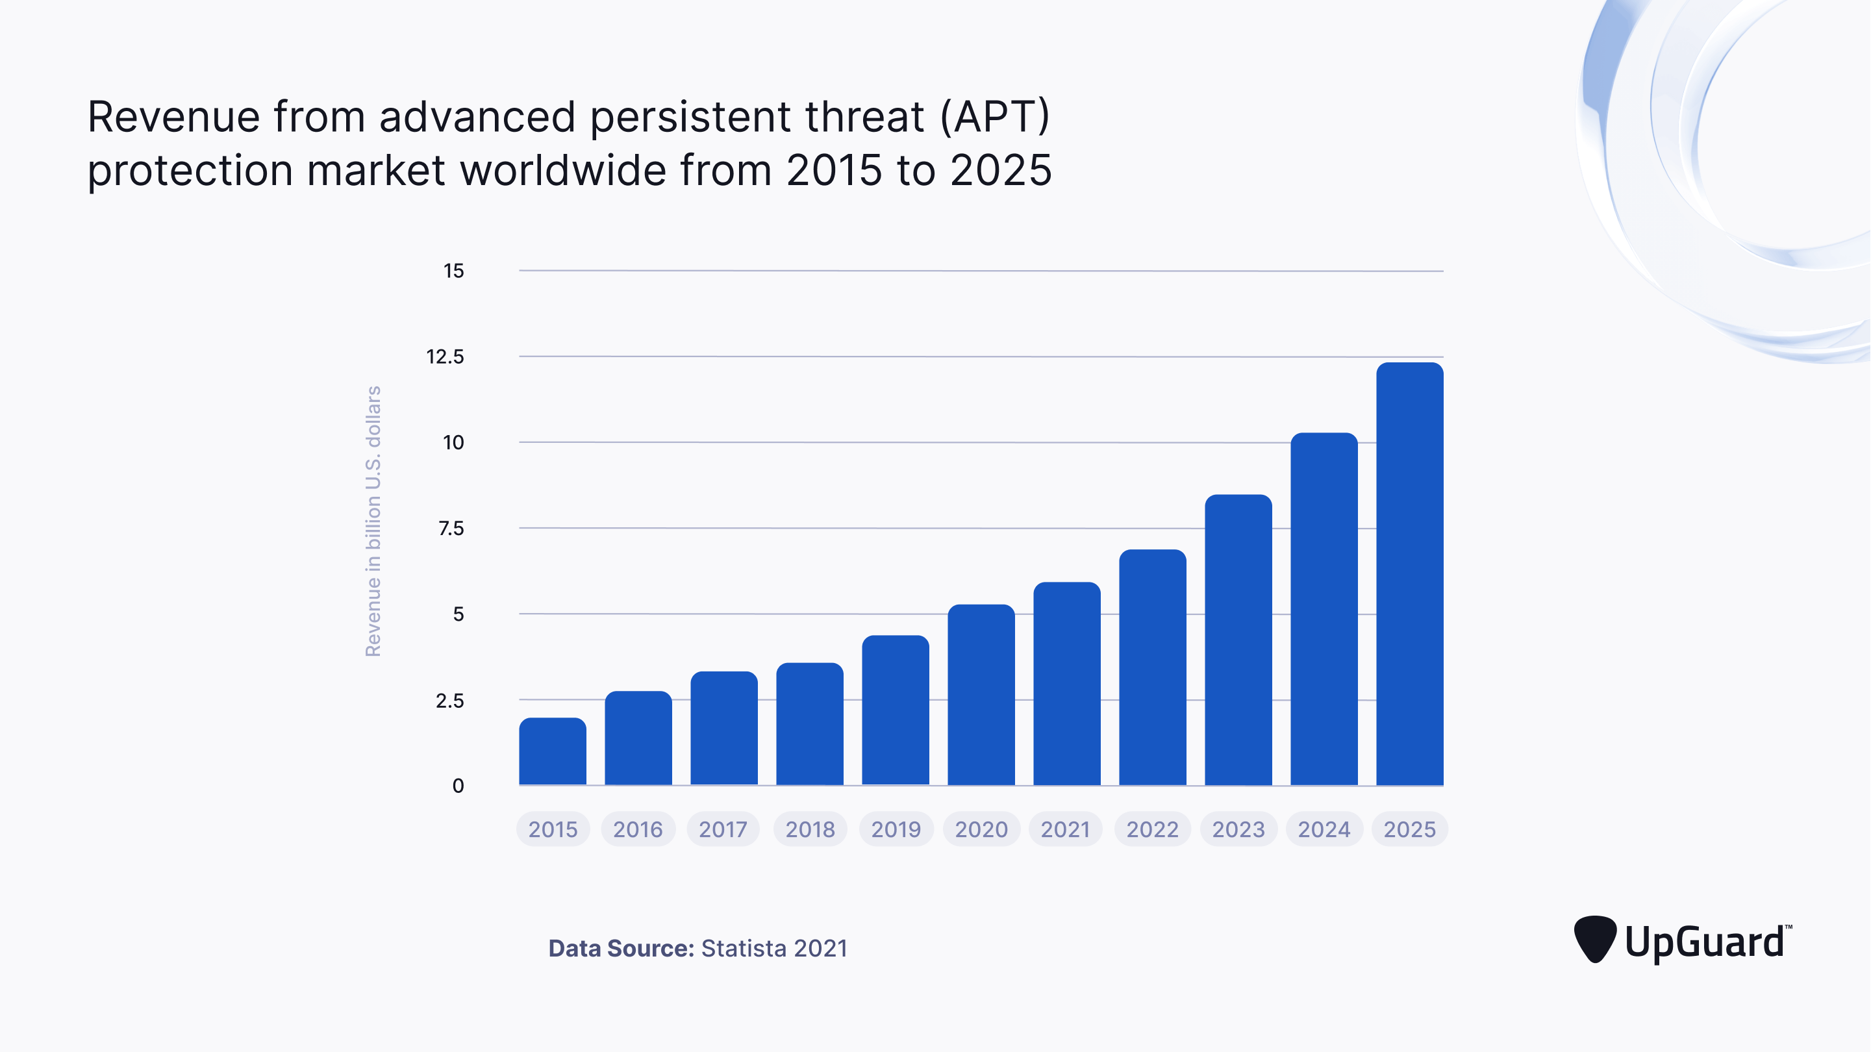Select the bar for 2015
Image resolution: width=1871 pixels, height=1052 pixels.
[x=552, y=752]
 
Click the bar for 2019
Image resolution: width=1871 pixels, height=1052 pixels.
[x=895, y=710]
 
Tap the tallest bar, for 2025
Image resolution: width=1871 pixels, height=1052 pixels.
[x=1409, y=574]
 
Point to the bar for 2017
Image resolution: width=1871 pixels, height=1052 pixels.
[x=723, y=728]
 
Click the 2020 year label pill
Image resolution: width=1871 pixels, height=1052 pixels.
[x=981, y=829]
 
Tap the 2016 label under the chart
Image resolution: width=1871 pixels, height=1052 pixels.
[x=638, y=829]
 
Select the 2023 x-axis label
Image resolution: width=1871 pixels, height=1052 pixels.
[x=1238, y=829]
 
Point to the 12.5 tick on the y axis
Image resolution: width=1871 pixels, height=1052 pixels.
[x=444, y=357]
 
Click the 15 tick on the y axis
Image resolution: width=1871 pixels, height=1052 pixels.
[x=453, y=271]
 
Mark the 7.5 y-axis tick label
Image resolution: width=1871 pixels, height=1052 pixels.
[x=450, y=528]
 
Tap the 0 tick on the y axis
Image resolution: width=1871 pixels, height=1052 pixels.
[x=458, y=785]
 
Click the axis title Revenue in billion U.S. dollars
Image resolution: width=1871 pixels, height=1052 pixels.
[x=373, y=521]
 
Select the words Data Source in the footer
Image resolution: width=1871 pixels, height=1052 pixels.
[x=621, y=948]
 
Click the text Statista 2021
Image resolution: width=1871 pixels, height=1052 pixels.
[x=773, y=948]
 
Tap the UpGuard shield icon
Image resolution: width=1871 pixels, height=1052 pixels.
[x=1594, y=938]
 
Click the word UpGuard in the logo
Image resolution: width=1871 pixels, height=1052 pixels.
[x=1704, y=942]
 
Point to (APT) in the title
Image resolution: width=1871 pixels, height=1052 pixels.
[x=994, y=116]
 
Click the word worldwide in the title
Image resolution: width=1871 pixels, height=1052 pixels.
[x=563, y=171]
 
